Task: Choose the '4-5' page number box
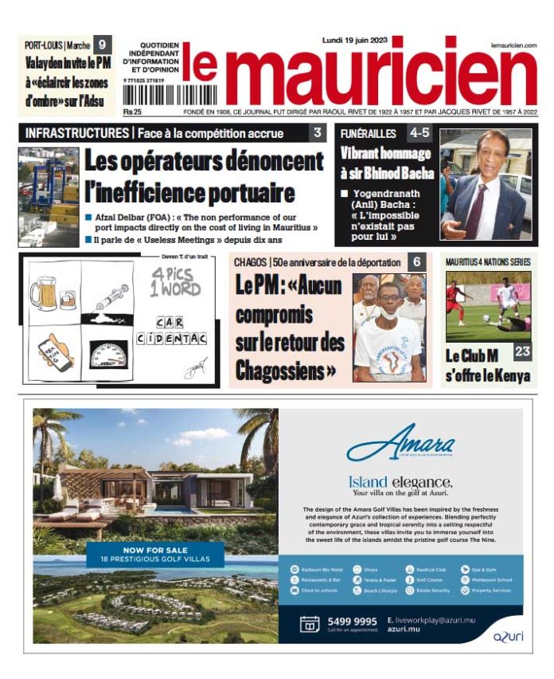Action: point(419,133)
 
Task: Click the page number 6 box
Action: point(416,261)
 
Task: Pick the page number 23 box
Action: point(522,351)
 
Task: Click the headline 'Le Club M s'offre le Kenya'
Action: point(488,366)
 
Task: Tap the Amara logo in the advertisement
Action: point(400,446)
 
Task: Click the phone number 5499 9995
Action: point(352,622)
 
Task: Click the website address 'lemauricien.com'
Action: point(513,45)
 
